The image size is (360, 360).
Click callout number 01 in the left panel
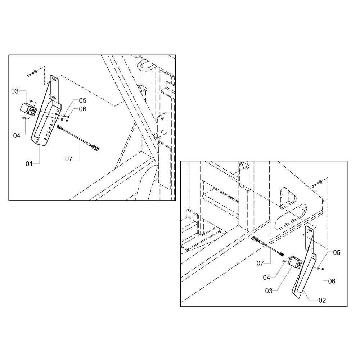pos(29,164)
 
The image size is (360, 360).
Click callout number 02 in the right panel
pos(322,301)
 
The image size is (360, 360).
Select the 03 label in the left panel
pos(15,91)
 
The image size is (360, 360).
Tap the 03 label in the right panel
pos(269,291)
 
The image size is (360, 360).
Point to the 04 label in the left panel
pos(17,136)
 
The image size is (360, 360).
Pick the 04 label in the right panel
pos(266,278)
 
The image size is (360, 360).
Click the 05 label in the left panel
pos(83,100)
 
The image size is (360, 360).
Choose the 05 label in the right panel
pos(337,253)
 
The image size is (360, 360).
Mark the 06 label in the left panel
pos(83,109)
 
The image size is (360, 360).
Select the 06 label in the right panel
pos(332,281)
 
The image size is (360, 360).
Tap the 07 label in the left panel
pos(69,159)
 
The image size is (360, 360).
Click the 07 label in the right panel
pos(260,264)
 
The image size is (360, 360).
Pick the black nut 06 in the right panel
pos(323,269)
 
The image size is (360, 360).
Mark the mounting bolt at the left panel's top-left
pos(28,76)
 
